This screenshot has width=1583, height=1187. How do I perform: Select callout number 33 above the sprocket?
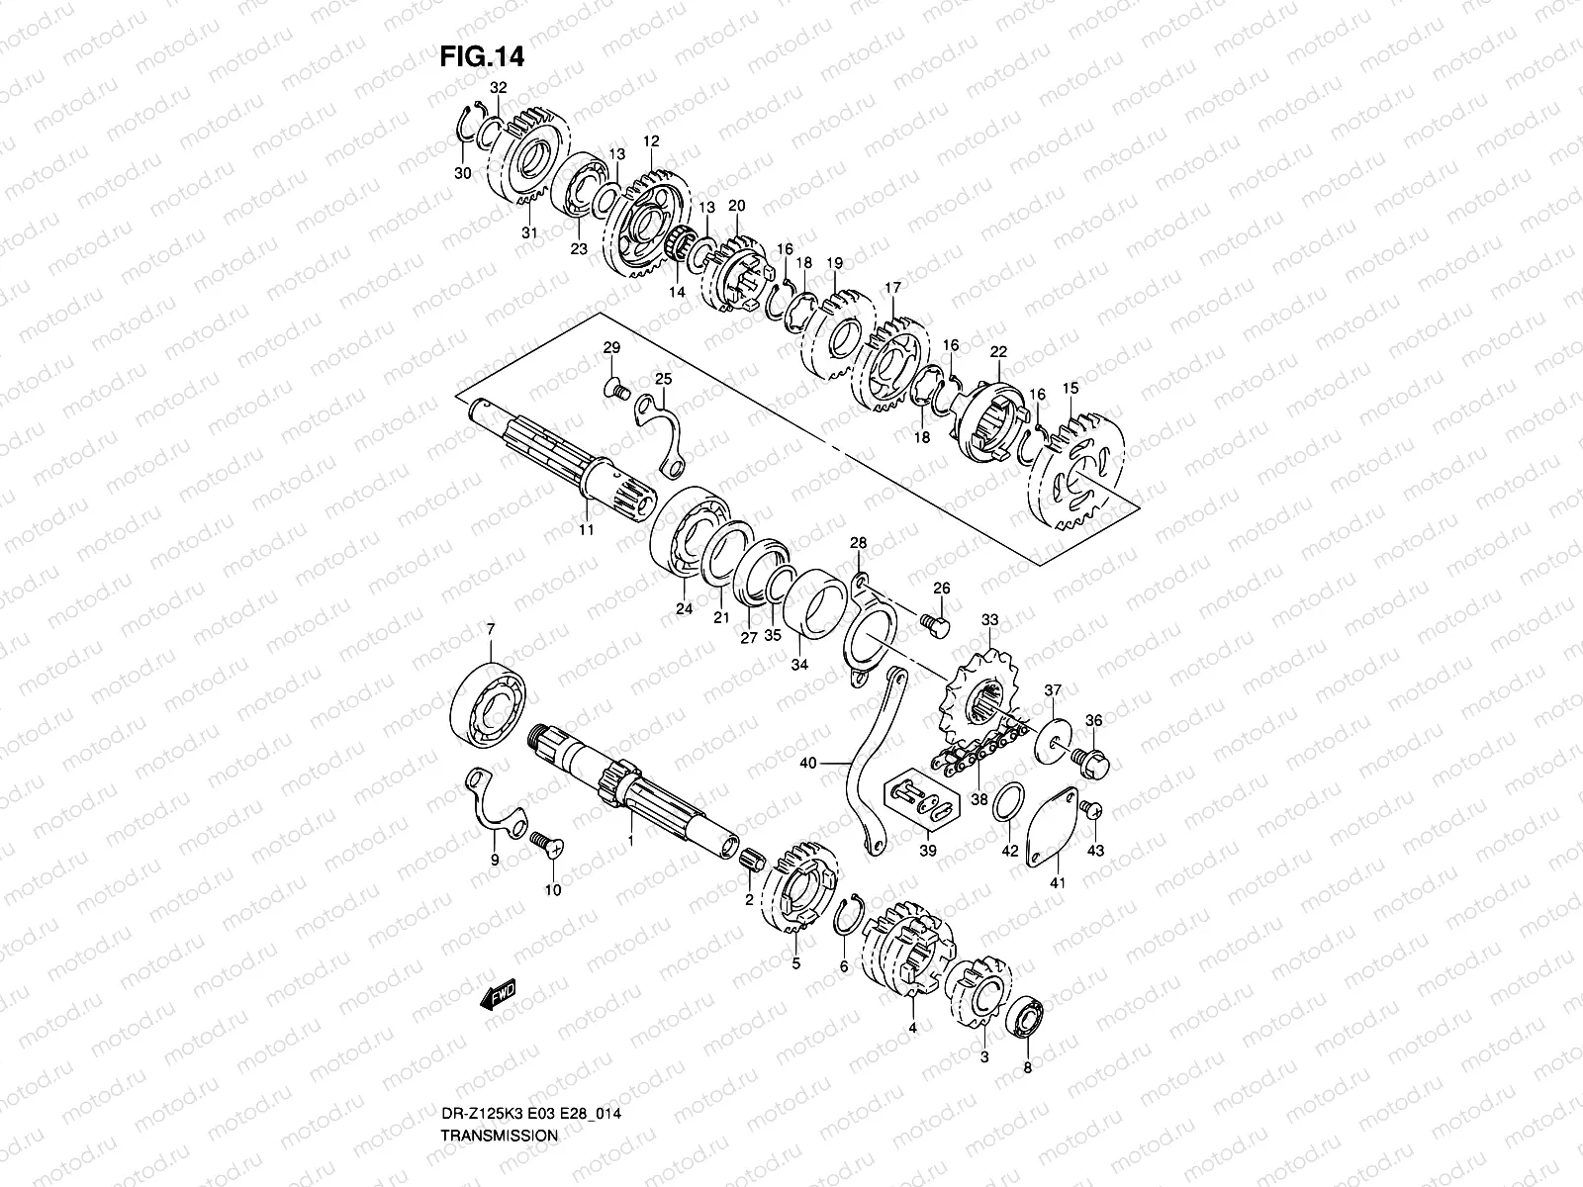pos(989,620)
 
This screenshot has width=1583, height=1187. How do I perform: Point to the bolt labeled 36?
pos(1092,761)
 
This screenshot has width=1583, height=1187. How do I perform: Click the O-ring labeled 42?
pos(1008,801)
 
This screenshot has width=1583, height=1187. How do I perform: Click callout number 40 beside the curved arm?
pos(807,763)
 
